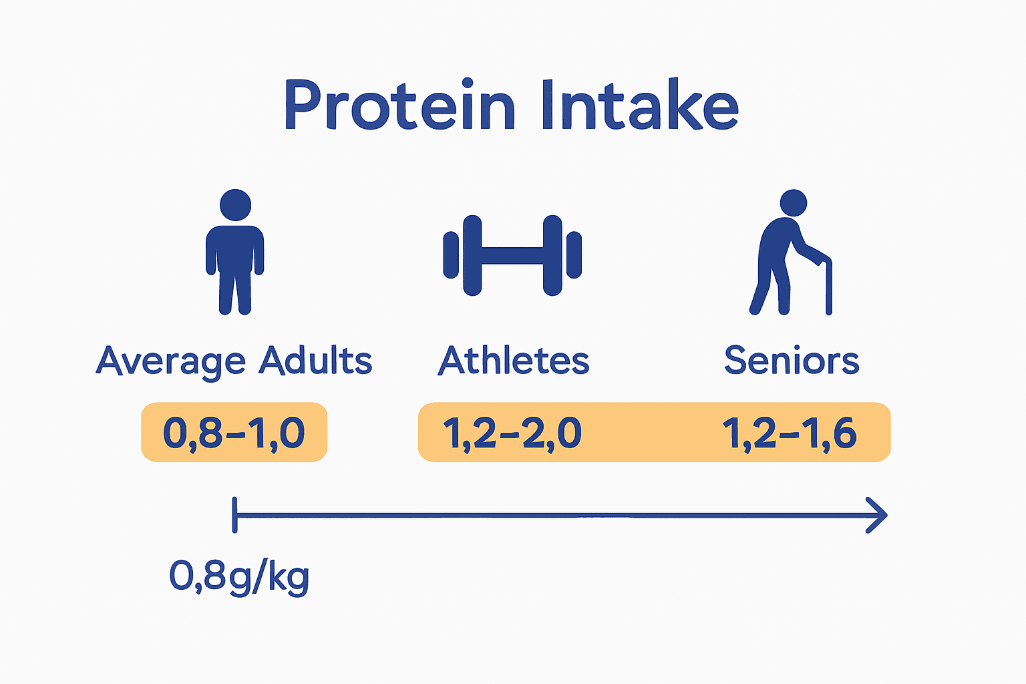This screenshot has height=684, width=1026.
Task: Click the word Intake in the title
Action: click(x=639, y=106)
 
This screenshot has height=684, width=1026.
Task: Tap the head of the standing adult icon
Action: click(x=235, y=204)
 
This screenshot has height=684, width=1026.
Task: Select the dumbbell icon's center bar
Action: click(x=512, y=255)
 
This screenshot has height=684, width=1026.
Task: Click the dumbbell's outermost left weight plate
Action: click(x=451, y=254)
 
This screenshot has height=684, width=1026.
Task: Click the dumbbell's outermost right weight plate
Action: click(x=574, y=254)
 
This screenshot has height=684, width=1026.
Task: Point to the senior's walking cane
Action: click(x=828, y=287)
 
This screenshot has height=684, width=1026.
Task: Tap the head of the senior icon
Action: click(x=794, y=202)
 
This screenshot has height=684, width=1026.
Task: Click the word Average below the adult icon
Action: click(x=171, y=361)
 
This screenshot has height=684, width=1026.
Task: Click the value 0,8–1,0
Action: click(x=234, y=433)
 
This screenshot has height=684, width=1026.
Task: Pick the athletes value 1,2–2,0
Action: click(x=512, y=433)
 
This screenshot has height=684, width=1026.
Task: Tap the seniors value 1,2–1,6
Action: click(x=790, y=433)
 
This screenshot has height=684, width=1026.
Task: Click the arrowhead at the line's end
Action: click(x=878, y=515)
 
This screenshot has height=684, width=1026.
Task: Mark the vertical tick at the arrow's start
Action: click(x=234, y=515)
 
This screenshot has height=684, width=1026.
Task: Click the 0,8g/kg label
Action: click(x=239, y=576)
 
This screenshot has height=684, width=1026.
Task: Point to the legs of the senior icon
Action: click(x=772, y=291)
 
